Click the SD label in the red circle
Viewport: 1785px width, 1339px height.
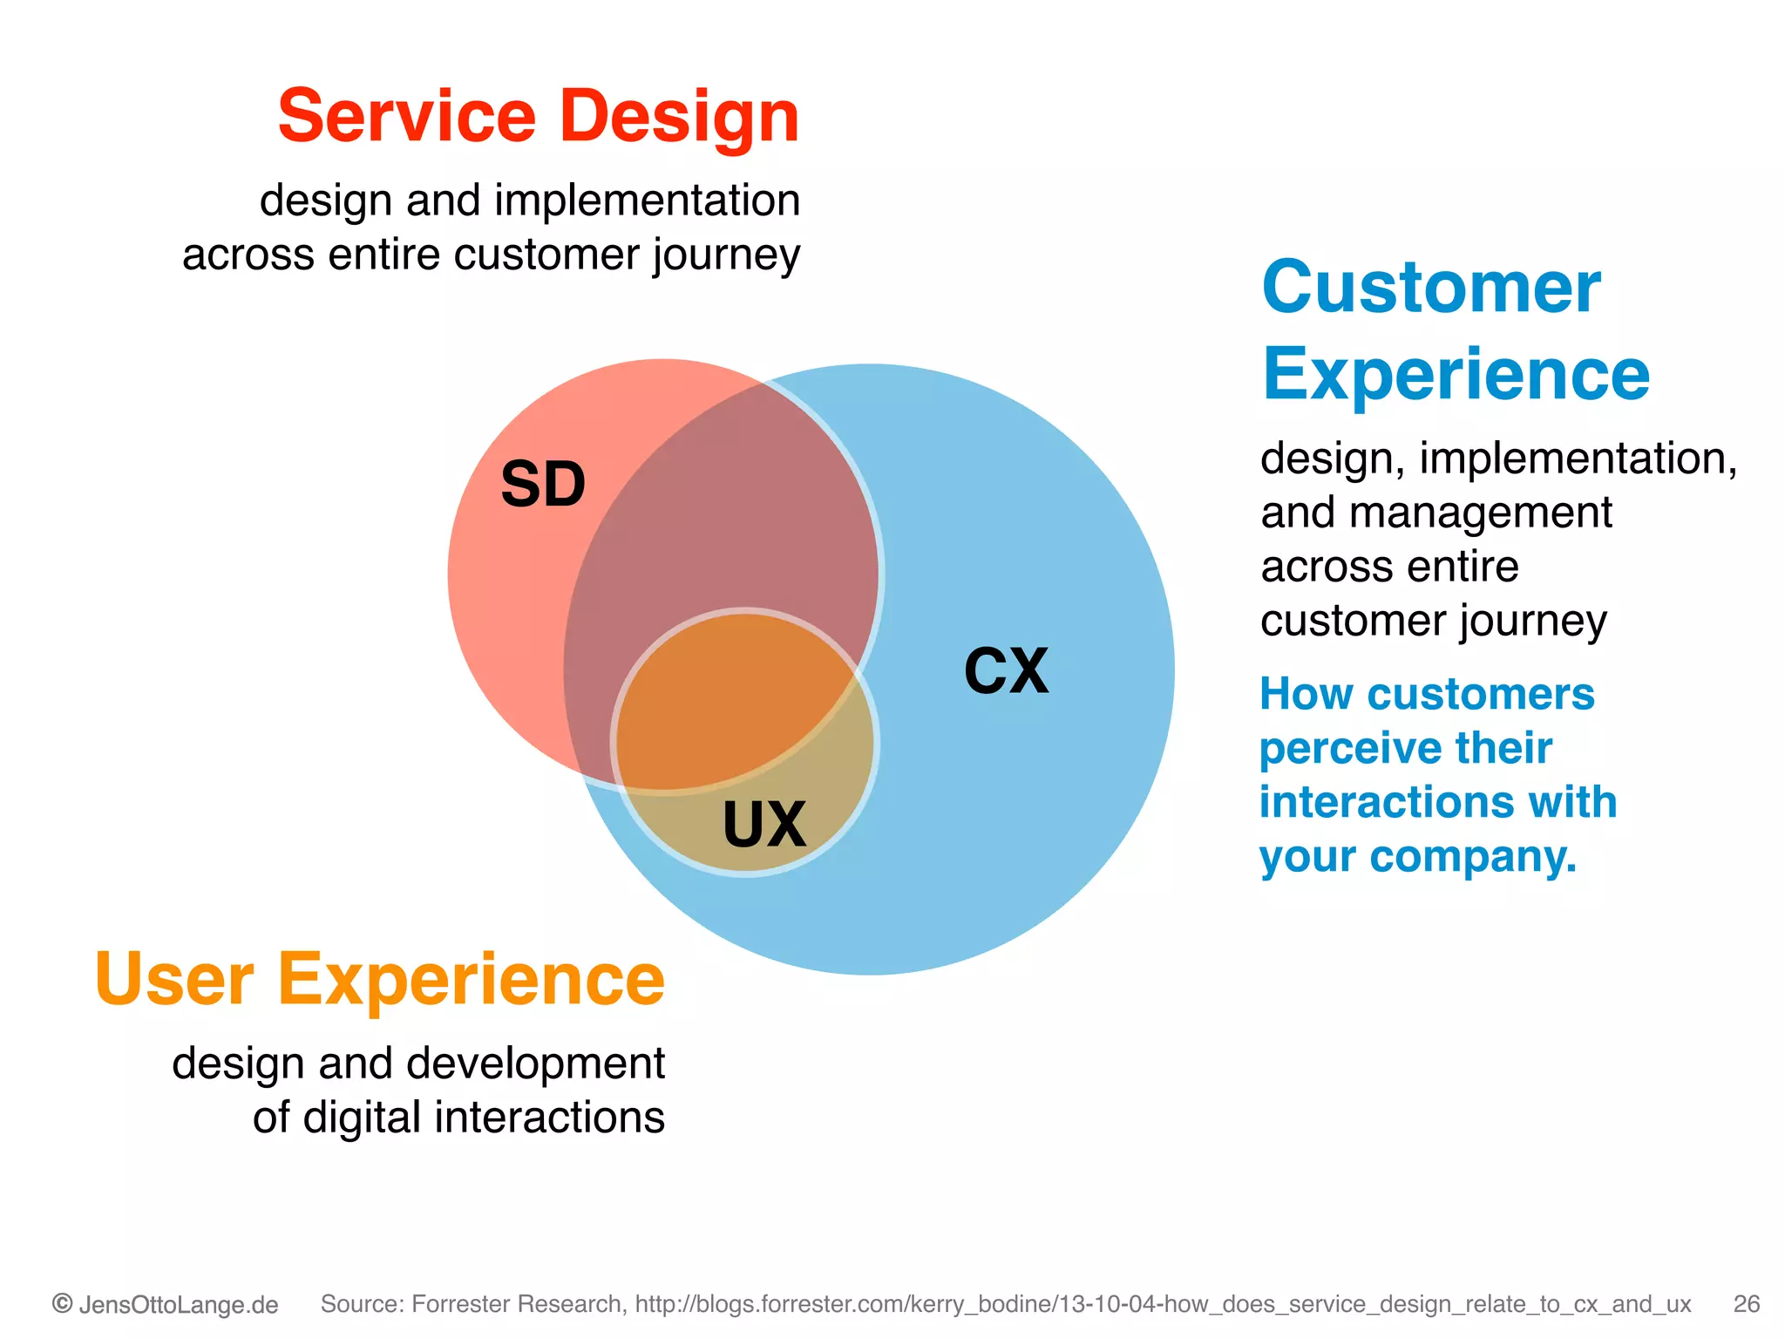point(543,485)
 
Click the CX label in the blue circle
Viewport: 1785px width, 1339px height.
point(1006,671)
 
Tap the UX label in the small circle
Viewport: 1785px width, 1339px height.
point(764,825)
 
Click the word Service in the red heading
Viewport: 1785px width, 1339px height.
point(406,117)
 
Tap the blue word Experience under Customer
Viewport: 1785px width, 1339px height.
point(1456,375)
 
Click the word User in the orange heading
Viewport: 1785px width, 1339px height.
point(174,980)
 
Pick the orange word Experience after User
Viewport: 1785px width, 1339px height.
point(471,980)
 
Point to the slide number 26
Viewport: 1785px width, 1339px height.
point(1746,1304)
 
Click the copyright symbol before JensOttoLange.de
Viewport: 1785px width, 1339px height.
point(63,1304)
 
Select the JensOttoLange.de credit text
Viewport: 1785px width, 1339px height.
point(179,1305)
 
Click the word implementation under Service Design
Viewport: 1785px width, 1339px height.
point(647,201)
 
